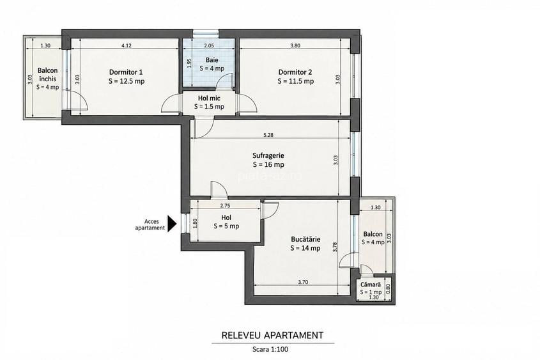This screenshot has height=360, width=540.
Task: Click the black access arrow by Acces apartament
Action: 172,224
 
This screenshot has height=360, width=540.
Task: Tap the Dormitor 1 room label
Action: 126,72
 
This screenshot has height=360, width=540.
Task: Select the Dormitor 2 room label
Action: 295,72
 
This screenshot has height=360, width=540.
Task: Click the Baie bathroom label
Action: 212,60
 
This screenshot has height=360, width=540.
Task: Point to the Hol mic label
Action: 209,98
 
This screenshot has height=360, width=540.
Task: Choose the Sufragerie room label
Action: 268,156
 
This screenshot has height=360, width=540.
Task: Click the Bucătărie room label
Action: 305,239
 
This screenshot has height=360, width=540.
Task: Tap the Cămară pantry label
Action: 371,285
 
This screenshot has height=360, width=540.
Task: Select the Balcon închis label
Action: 47,74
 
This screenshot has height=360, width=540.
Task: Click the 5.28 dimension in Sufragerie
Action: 268,135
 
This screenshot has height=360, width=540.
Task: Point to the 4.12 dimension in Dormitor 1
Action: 127,45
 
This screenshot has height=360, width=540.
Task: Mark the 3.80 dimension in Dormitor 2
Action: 295,45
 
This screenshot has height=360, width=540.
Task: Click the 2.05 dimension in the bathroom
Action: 209,45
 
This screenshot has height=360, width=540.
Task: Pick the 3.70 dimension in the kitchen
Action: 303,282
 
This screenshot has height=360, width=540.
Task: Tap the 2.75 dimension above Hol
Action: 225,206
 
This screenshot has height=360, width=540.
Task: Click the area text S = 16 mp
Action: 268,165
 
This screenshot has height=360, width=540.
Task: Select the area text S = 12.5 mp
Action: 127,81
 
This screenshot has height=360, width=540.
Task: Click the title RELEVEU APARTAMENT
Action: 272,335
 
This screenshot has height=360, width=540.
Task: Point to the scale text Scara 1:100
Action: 270,349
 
